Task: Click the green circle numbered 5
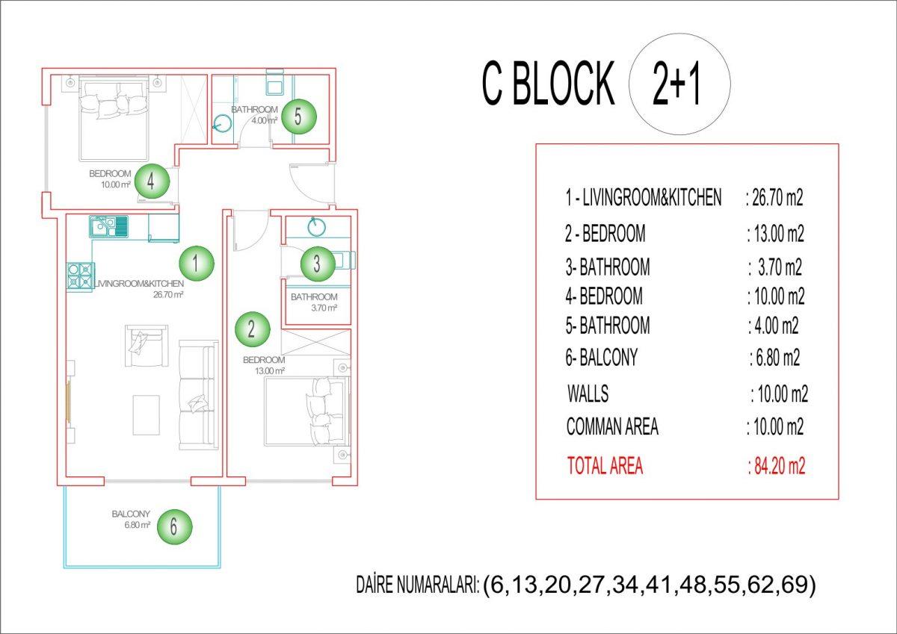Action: click(x=299, y=116)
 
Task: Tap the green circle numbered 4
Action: click(x=152, y=181)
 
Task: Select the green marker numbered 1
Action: click(x=196, y=264)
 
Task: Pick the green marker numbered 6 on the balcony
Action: click(x=175, y=526)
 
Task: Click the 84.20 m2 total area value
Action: click(x=776, y=466)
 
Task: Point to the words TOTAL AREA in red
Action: click(x=605, y=466)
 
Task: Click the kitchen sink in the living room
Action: click(x=108, y=227)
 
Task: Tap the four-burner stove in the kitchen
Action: click(x=81, y=276)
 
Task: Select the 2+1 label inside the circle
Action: click(x=676, y=84)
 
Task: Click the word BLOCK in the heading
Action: click(x=564, y=83)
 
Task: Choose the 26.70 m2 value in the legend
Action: click(x=774, y=198)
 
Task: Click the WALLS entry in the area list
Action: click(x=588, y=394)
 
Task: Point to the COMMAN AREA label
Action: click(x=612, y=426)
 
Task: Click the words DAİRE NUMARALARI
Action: click(x=417, y=585)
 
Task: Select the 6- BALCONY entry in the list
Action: click(x=601, y=357)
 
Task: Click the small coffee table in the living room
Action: click(x=147, y=414)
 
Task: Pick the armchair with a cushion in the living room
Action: click(x=147, y=346)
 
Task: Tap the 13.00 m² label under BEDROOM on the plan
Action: click(x=270, y=371)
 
